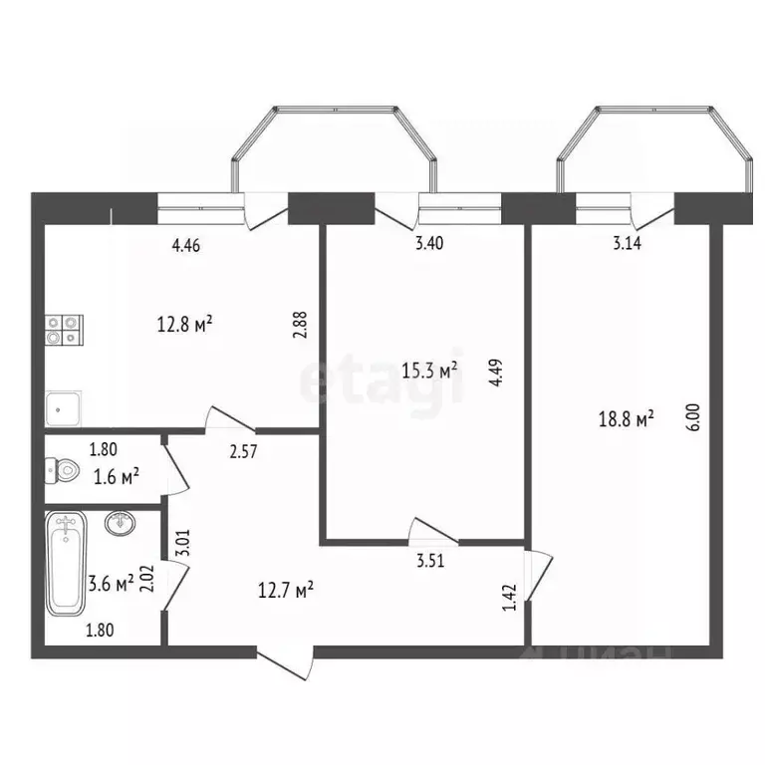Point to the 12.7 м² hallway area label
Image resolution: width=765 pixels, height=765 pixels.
point(286,590)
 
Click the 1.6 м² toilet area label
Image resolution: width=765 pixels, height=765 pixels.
point(115,478)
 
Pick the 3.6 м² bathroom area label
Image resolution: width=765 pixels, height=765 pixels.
point(112,584)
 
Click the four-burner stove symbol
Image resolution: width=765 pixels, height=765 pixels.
point(64,330)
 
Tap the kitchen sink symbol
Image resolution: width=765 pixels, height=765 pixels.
point(64,406)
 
